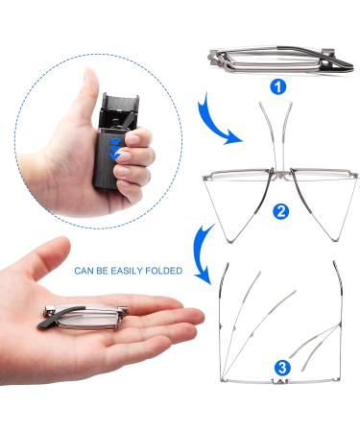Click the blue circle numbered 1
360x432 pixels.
click(x=278, y=87)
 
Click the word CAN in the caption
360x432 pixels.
click(x=86, y=271)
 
